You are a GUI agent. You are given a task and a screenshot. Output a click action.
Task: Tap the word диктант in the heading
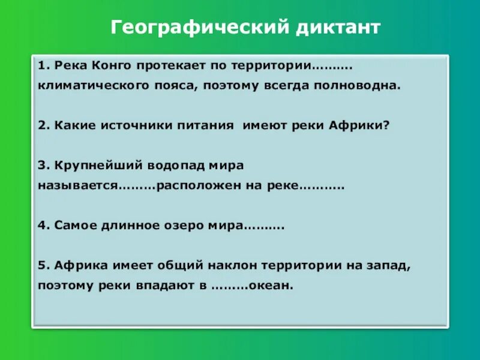click(336, 28)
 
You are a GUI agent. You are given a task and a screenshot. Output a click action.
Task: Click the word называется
click(76, 186)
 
